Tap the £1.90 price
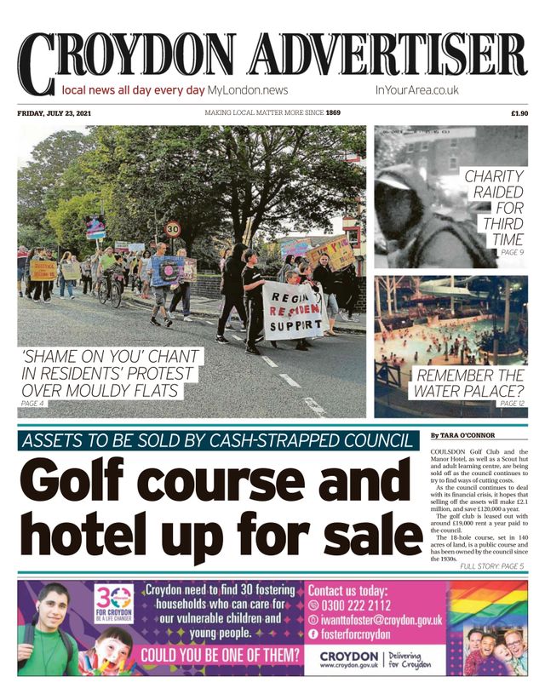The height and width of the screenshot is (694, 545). point(519,113)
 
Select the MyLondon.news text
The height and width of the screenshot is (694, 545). point(248,89)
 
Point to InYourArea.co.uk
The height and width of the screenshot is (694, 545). point(416,89)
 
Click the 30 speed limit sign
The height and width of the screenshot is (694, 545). point(173,228)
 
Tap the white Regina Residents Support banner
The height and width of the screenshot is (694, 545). point(293,310)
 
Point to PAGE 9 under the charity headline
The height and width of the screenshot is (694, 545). point(512,253)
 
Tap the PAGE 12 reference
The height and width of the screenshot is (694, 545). point(512,403)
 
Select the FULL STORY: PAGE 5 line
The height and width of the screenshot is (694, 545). point(491,565)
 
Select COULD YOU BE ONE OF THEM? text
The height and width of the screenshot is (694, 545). point(221,656)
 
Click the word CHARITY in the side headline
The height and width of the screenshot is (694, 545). point(493,177)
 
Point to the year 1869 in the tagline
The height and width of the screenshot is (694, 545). point(333,113)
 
